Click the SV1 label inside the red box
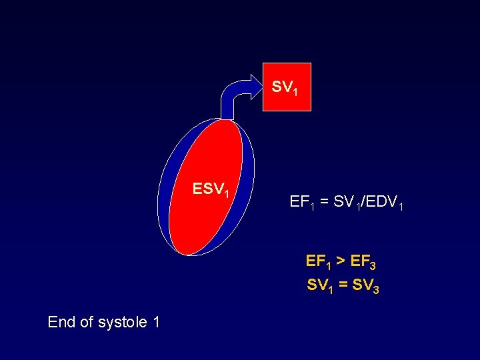click(x=288, y=87)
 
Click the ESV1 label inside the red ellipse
click(x=211, y=190)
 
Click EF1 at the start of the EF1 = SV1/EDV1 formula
click(x=301, y=201)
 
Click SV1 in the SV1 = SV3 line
click(x=320, y=286)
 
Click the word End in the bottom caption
click(x=61, y=323)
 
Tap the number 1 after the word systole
click(x=156, y=323)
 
